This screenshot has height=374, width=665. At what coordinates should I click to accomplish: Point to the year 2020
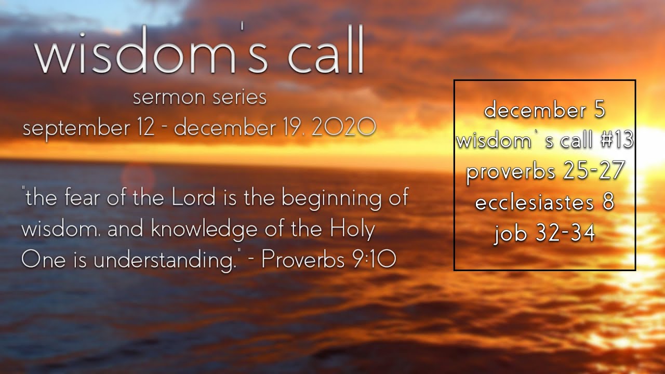(343, 127)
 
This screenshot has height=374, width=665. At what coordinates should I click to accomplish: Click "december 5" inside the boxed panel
(545, 110)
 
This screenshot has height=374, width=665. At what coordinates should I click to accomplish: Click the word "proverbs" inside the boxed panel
(511, 172)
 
